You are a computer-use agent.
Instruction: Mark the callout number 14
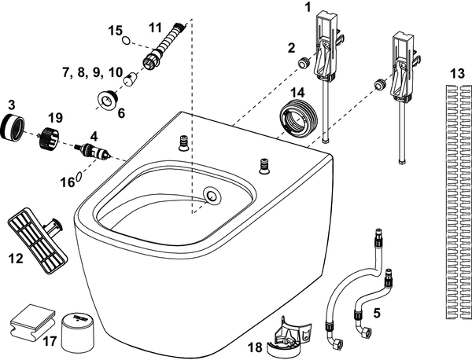(x=297, y=93)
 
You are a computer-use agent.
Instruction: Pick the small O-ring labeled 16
(x=79, y=177)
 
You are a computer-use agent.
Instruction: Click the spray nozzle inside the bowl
(x=211, y=194)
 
